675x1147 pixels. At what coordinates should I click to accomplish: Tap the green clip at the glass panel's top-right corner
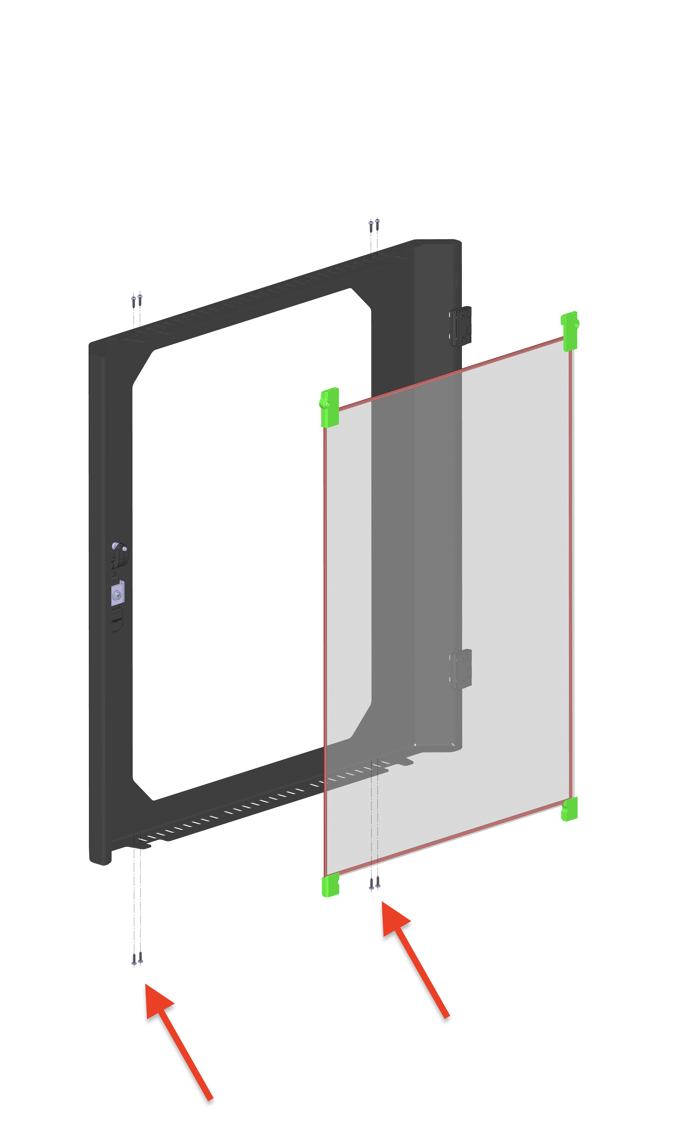point(570,331)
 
